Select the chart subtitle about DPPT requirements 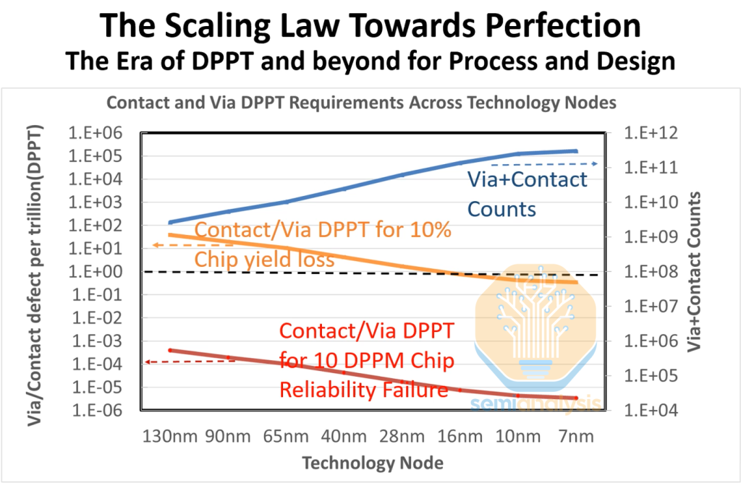coord(361,102)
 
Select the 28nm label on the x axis coord(404,437)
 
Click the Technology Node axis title coord(372,462)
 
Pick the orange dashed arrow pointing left coord(174,246)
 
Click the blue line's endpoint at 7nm coord(576,151)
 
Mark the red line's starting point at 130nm coord(169,350)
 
